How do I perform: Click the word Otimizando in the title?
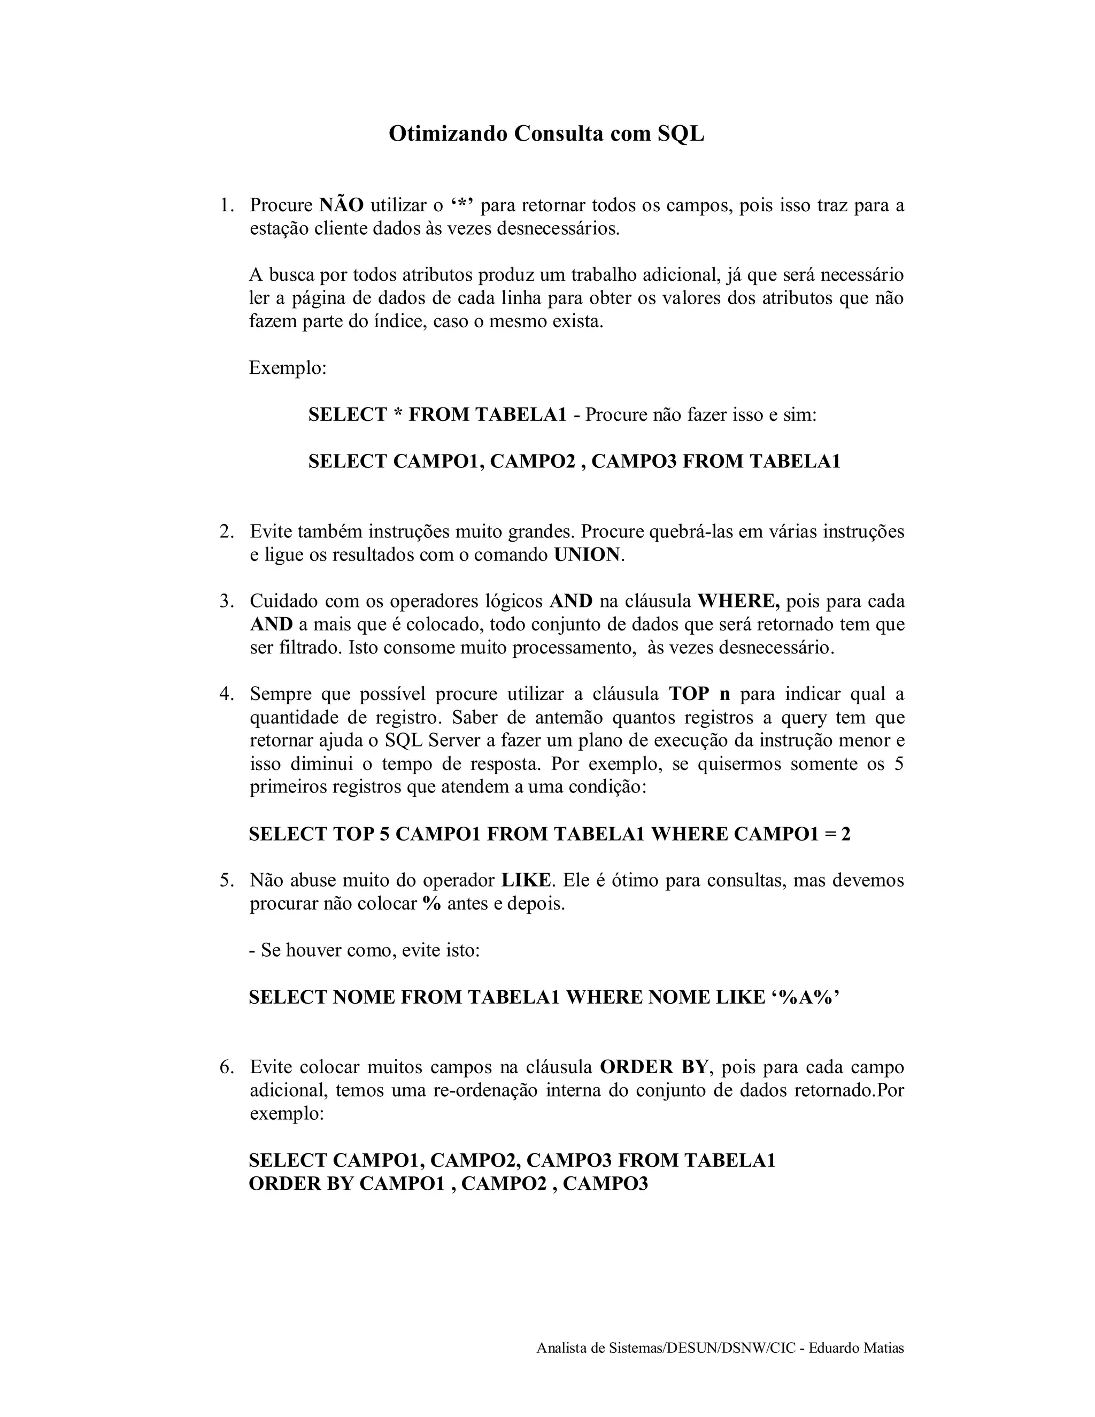coord(448,134)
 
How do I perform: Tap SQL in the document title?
coord(681,134)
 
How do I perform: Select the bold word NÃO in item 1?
coord(342,206)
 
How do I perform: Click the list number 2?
coord(226,532)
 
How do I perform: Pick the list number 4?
coord(226,694)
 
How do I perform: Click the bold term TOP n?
coord(699,694)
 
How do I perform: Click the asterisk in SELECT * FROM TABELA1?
coord(398,414)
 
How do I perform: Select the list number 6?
coord(226,1067)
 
